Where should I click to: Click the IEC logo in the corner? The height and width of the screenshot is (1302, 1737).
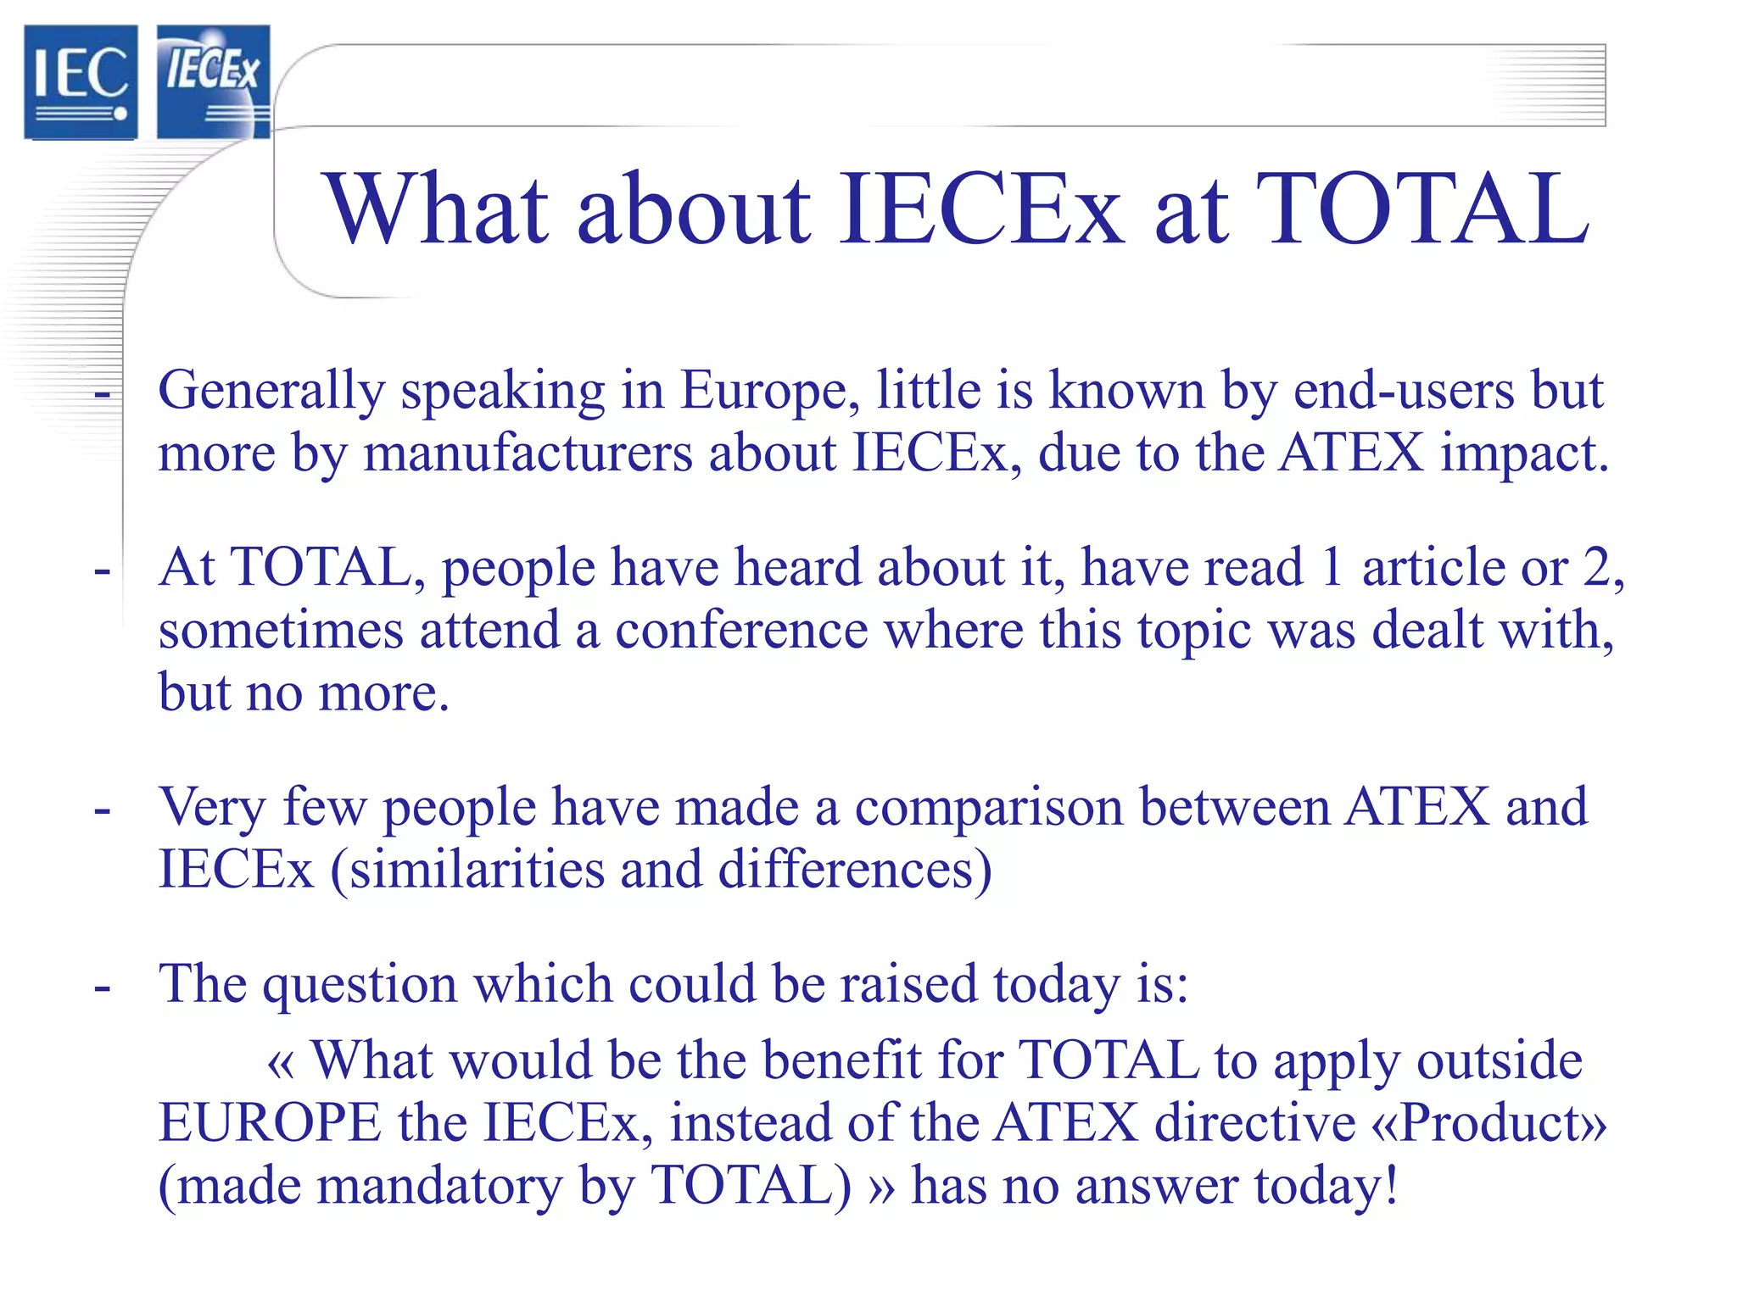click(x=81, y=81)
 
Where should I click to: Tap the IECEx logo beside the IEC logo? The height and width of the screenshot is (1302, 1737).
click(x=213, y=81)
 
